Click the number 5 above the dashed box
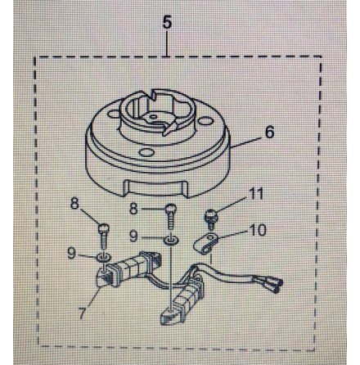[x=167, y=22]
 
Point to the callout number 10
[x=257, y=231]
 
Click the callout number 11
[x=257, y=196]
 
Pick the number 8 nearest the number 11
[x=133, y=209]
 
